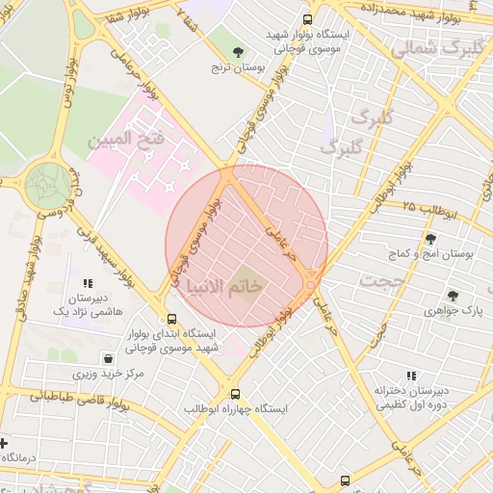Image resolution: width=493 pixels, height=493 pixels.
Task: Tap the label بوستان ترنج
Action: [239, 68]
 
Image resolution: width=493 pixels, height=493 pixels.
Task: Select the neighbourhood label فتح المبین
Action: [127, 141]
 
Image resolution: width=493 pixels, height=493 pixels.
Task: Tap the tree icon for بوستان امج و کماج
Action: [429, 239]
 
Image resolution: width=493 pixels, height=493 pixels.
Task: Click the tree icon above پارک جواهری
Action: [453, 297]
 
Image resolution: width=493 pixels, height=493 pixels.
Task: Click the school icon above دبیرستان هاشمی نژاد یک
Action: [88, 284]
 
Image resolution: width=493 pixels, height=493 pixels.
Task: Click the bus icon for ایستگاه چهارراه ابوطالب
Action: [235, 394]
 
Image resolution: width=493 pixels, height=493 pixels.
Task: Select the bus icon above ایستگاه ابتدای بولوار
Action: [171, 319]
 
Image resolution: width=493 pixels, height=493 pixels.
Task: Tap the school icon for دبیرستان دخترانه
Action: [412, 376]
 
